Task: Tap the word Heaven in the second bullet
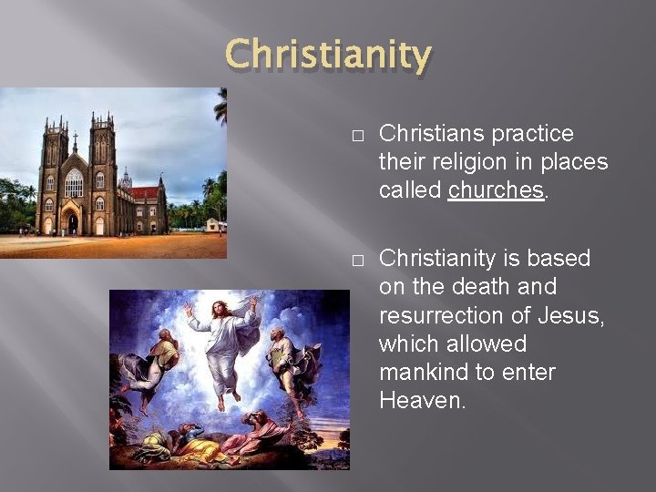click(x=422, y=402)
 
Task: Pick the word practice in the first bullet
click(x=530, y=134)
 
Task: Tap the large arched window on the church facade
click(x=74, y=182)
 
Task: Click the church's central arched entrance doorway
click(x=72, y=221)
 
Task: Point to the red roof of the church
click(x=144, y=192)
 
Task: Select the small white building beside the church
click(x=215, y=224)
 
